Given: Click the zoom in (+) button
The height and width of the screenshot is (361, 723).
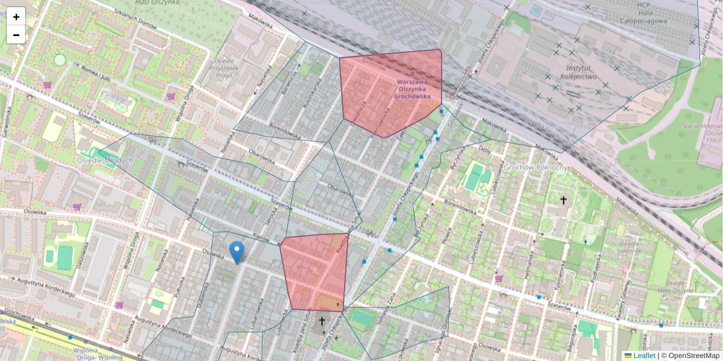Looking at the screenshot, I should (x=16, y=16).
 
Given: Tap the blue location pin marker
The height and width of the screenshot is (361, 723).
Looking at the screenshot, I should (x=237, y=252).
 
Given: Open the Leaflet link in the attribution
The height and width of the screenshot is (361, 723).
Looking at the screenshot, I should (x=643, y=356).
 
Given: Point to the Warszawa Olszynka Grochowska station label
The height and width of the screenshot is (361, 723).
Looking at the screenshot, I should (x=412, y=88).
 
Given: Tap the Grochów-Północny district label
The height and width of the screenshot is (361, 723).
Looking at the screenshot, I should (x=536, y=167).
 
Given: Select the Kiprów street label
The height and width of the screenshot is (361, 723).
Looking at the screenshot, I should (x=261, y=238).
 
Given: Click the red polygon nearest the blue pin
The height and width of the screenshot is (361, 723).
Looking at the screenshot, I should (x=315, y=271).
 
